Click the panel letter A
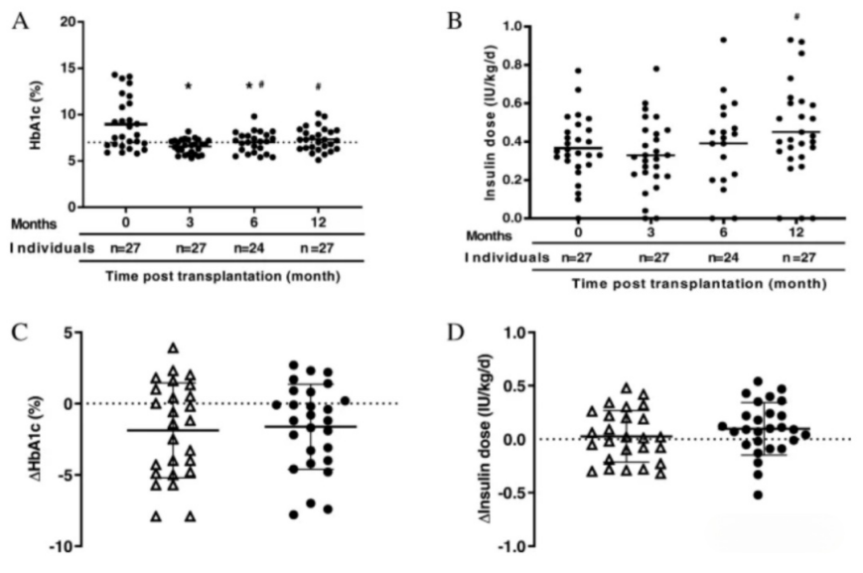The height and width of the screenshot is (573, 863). [18, 21]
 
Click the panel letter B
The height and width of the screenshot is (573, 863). [454, 19]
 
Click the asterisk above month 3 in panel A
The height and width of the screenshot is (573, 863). [187, 87]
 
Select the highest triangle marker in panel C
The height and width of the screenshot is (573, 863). [172, 348]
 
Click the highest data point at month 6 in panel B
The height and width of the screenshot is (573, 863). [724, 41]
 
